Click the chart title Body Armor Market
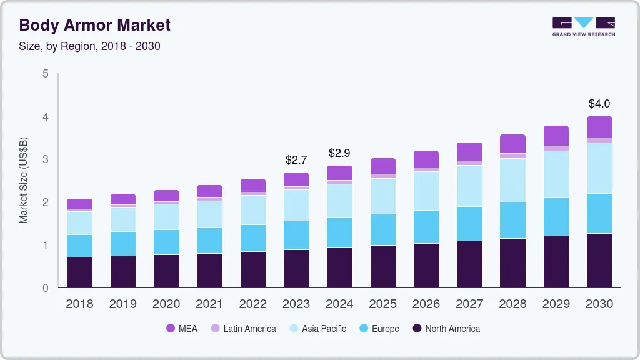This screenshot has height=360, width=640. [94, 26]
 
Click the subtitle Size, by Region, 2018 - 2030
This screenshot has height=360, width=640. [90, 46]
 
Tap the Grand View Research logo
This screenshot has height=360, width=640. [583, 26]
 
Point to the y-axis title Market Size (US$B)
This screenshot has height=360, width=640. [24, 181]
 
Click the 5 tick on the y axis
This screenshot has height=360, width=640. [45, 74]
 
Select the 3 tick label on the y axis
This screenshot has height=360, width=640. [45, 159]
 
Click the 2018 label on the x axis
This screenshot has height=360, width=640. [79, 304]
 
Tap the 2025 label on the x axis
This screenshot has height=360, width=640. [382, 304]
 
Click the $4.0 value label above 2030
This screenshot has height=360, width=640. [599, 104]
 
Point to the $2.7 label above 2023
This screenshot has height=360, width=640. [296, 161]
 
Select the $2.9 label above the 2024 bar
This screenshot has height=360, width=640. [339, 153]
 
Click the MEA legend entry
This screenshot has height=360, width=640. [182, 329]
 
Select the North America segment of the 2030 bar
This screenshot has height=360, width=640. [599, 261]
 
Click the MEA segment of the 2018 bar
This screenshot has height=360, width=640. [79, 204]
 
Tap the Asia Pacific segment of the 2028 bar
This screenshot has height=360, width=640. [512, 180]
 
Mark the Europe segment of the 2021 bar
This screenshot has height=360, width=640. [209, 241]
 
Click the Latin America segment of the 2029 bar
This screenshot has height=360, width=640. [556, 148]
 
